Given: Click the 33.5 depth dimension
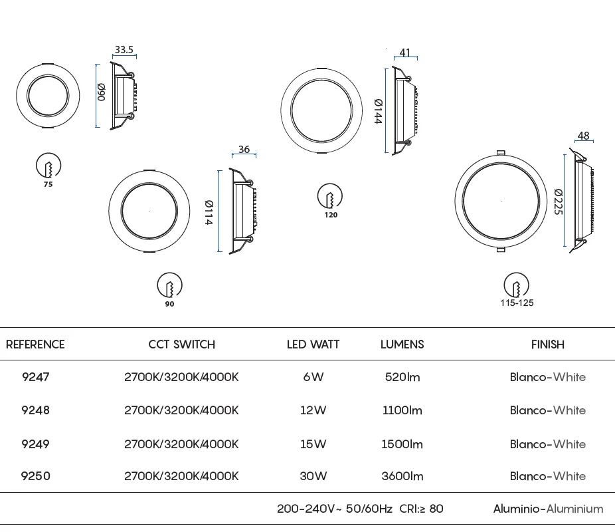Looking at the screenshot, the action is pyautogui.click(x=124, y=50).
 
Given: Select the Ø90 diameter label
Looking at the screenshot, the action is pyautogui.click(x=101, y=92).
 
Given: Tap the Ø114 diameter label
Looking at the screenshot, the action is pyautogui.click(x=209, y=212).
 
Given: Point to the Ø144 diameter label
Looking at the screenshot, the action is pyautogui.click(x=378, y=112).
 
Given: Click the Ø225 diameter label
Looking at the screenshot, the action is pyautogui.click(x=559, y=201).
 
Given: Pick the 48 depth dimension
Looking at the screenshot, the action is pyautogui.click(x=584, y=136).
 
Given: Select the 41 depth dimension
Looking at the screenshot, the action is pyautogui.click(x=405, y=53).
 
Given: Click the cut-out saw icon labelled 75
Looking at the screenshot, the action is pyautogui.click(x=48, y=166).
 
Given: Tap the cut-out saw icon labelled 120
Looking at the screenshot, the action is pyautogui.click(x=330, y=196).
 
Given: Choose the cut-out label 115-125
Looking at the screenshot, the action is pyautogui.click(x=517, y=303).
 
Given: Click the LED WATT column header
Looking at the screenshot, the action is pyautogui.click(x=313, y=344).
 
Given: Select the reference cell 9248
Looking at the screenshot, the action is pyautogui.click(x=35, y=410).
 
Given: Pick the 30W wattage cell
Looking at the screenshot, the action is pyautogui.click(x=313, y=476).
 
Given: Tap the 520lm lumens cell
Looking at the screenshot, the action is pyautogui.click(x=402, y=377).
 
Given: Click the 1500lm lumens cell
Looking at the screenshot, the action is pyautogui.click(x=402, y=444).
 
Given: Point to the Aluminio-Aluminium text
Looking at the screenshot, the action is pyautogui.click(x=549, y=509).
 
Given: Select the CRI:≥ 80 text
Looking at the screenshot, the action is pyautogui.click(x=421, y=509).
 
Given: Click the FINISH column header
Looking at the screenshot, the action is pyautogui.click(x=548, y=344).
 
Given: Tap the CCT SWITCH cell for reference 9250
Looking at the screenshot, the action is pyautogui.click(x=181, y=476).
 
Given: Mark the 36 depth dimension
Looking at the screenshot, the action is pyautogui.click(x=244, y=150).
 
